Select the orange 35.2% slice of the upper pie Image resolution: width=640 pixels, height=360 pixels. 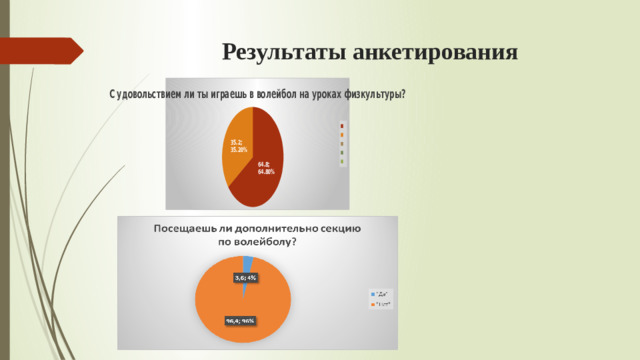(238, 160)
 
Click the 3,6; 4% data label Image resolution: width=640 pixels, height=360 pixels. (245, 277)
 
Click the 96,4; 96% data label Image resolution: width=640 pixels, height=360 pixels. (241, 321)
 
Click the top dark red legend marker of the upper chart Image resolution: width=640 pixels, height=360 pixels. (342, 125)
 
